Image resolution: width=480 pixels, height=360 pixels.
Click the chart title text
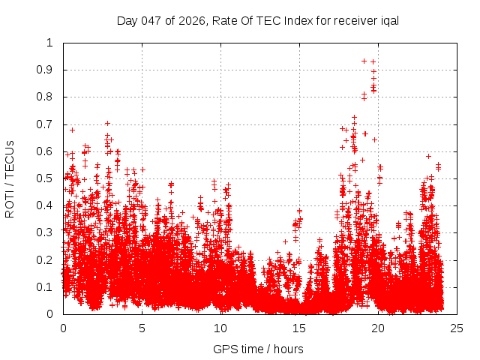pos(256,20)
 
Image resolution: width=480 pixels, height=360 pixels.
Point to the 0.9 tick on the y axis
pos(49,70)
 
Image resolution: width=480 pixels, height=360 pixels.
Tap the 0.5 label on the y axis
pos(49,178)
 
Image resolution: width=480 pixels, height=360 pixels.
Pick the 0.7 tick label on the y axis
pos(49,124)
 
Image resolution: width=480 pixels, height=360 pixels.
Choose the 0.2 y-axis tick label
pos(49,260)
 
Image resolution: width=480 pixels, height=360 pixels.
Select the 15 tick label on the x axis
pos(299,328)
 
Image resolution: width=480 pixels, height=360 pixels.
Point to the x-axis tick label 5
pos(142,328)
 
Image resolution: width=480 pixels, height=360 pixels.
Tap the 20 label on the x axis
pos(378,328)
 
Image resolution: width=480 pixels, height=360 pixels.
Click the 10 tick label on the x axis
pos(220,328)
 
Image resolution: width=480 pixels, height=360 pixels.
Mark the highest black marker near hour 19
pos(364,61)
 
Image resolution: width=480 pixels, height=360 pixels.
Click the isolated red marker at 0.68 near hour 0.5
pos(72,130)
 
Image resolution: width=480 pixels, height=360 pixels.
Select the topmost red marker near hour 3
pos(107,123)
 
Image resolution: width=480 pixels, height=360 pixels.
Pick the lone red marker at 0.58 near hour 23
pos(428,156)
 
